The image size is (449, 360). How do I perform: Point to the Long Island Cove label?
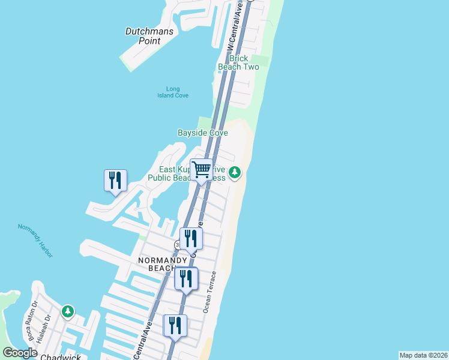[x=173, y=92]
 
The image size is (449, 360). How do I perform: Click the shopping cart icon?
[x=202, y=169]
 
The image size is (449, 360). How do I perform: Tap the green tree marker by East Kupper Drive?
[x=235, y=173]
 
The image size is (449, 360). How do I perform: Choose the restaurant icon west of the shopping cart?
[x=115, y=180]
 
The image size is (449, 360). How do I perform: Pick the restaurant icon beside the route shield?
[x=191, y=238]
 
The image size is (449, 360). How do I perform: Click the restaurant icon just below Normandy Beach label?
[x=186, y=278]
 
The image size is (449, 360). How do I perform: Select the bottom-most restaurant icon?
[x=175, y=326]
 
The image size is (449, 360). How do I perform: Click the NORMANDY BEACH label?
[x=163, y=264]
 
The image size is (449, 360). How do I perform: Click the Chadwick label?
[x=60, y=357]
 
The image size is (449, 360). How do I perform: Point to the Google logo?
[x=20, y=353]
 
